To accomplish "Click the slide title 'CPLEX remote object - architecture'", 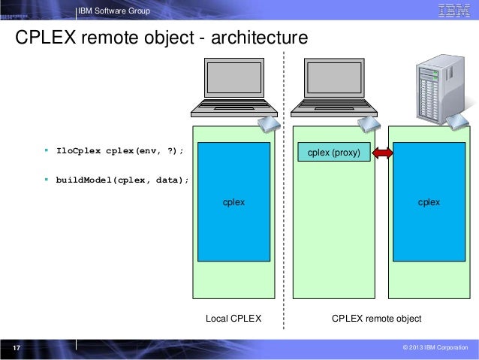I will pos(161,38).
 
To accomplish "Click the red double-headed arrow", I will pos(383,153).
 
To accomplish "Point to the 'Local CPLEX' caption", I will pos(233,319).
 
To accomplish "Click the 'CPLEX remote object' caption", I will pos(376,319).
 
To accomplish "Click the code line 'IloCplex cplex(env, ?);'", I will pos(119,150).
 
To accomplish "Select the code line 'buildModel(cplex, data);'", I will pos(122,180).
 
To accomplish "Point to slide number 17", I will pos(16,348).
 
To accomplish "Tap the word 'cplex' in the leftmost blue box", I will pos(233,203).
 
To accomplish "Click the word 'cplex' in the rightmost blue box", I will pos(429,203).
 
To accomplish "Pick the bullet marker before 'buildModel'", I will pos(46,180).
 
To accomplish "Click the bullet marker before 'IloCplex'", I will pos(46,150).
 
